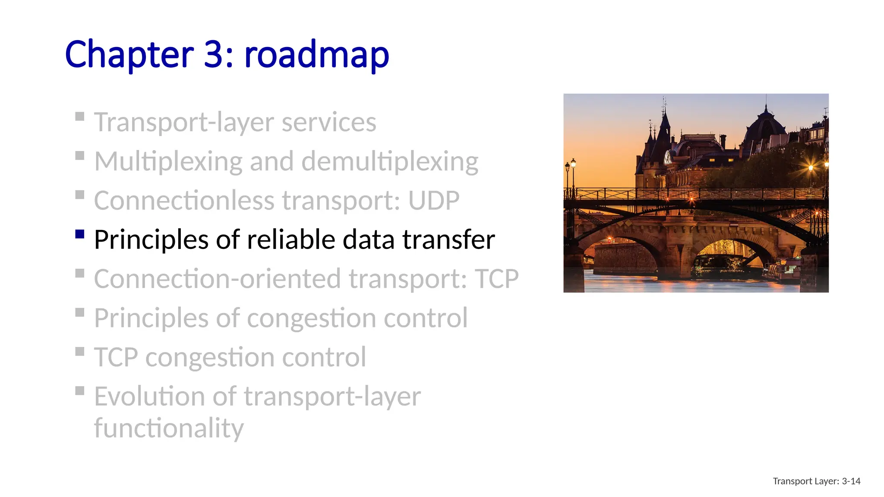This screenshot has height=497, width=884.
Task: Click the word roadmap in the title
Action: [316, 54]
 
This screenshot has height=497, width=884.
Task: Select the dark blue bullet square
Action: [79, 234]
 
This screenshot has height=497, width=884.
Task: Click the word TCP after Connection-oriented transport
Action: [496, 279]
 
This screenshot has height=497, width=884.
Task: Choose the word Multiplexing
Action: [168, 162]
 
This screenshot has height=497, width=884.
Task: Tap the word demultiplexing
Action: [389, 162]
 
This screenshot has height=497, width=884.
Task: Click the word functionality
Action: [169, 428]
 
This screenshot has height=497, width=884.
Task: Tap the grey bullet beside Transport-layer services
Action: [79, 116]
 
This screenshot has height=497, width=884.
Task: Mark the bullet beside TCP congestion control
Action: [79, 351]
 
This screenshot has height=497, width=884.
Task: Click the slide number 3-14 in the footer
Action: [851, 481]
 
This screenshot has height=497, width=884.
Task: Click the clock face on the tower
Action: [668, 156]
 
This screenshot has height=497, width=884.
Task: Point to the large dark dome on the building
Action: [765, 125]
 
